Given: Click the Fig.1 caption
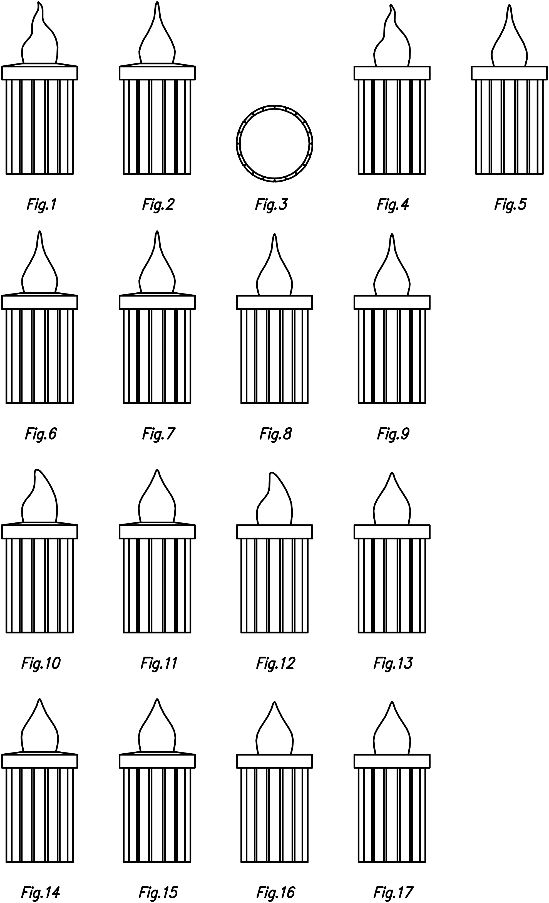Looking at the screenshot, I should tap(41, 205).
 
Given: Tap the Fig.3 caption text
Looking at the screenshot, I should tap(271, 205).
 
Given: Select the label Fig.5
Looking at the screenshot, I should tap(510, 204).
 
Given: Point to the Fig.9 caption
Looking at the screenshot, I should tap(393, 434).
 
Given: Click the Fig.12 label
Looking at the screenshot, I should tap(275, 663).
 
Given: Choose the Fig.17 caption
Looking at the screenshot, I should tap(393, 892).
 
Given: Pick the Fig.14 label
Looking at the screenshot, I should tap(40, 892).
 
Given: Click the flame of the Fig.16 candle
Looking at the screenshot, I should tap(275, 733).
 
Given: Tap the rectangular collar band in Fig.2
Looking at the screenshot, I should tap(157, 73).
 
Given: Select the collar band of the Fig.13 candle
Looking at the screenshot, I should tap(392, 532).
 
